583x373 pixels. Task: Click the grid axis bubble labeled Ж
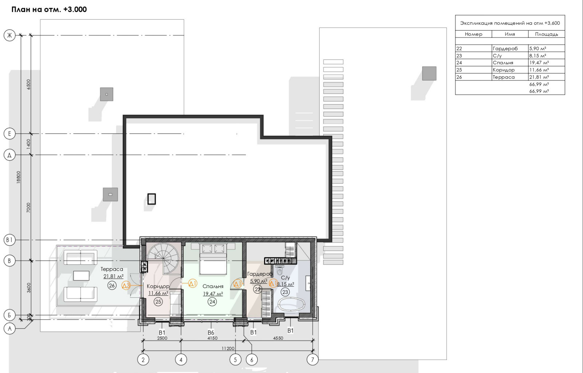tap(9, 35)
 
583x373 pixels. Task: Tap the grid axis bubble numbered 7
tap(312, 360)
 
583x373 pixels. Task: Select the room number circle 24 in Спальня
tap(212, 302)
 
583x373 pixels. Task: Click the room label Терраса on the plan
tap(111, 269)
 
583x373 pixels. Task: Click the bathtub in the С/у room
tap(292, 304)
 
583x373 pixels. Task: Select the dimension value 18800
tap(18, 177)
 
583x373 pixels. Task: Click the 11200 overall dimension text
tap(228, 348)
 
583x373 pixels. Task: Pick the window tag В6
tap(211, 333)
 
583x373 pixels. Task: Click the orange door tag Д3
tap(126, 286)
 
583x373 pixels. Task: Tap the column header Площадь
tap(546, 34)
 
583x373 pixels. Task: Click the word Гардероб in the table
tap(505, 49)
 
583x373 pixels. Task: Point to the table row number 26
tap(459, 77)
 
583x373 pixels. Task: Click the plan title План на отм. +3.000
tap(49, 9)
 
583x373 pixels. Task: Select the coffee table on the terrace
tap(81, 276)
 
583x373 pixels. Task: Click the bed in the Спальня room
tap(213, 259)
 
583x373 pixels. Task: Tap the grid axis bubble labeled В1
tap(9, 240)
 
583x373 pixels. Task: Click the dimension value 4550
tap(278, 338)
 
